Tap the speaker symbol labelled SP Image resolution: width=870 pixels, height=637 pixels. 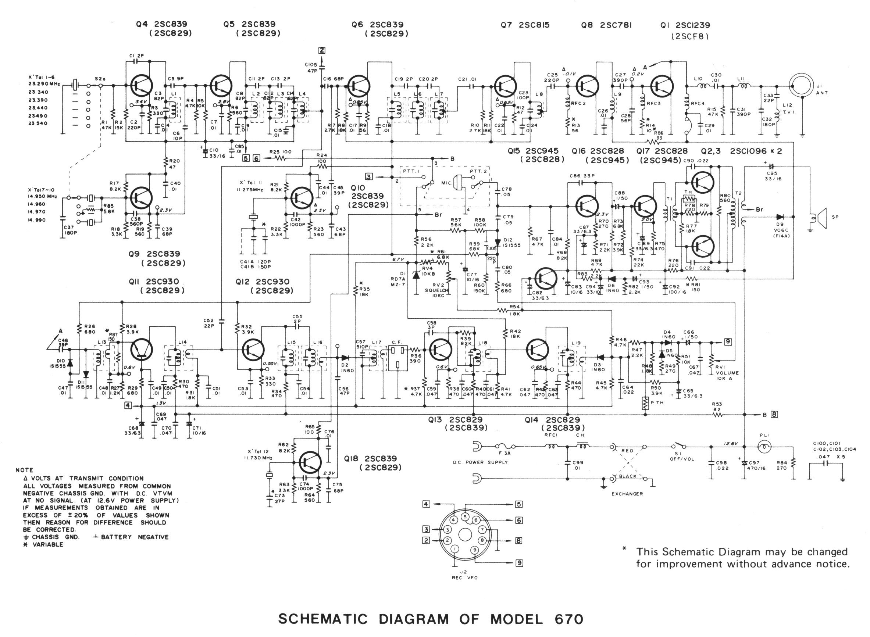click(x=819, y=219)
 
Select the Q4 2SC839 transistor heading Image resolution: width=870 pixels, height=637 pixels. click(x=164, y=25)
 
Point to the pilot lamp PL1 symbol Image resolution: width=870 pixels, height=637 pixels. click(x=764, y=447)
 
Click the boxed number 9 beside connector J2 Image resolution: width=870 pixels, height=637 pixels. click(x=520, y=563)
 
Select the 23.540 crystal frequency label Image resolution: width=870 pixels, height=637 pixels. click(x=38, y=124)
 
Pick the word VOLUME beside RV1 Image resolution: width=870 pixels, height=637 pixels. click(x=727, y=373)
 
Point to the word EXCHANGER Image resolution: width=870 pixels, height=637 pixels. click(x=627, y=494)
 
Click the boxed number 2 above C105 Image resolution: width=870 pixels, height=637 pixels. click(x=322, y=50)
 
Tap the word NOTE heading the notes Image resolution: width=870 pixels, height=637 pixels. click(x=24, y=470)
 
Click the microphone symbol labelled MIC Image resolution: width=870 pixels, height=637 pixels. click(x=458, y=182)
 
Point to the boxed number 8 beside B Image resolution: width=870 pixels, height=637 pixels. click(x=774, y=415)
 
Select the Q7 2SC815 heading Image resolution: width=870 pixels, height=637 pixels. click(x=525, y=25)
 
